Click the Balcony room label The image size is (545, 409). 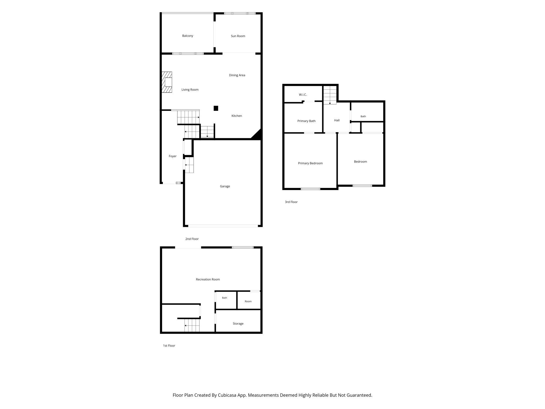coord(188,36)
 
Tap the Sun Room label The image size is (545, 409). coord(238,36)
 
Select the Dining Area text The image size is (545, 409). coord(237,75)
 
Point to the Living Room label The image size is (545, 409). coord(190,90)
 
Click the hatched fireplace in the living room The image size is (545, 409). coord(167,82)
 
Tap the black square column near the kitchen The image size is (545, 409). coord(216,108)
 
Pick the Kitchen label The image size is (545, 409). coord(237,116)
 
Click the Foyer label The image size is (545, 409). coord(173,156)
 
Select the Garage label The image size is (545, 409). coord(225,186)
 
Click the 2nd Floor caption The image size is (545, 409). coord(192,239)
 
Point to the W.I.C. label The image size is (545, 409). coord(303,95)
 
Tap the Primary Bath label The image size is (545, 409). coord(306,121)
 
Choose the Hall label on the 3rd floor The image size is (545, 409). coord(337,120)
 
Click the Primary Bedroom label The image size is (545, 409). coord(310,163)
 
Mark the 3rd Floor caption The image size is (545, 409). coord(291,202)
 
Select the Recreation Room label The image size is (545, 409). coord(208,279)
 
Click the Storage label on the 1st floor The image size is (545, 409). coord(238,324)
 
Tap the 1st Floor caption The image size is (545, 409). coord(169,346)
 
